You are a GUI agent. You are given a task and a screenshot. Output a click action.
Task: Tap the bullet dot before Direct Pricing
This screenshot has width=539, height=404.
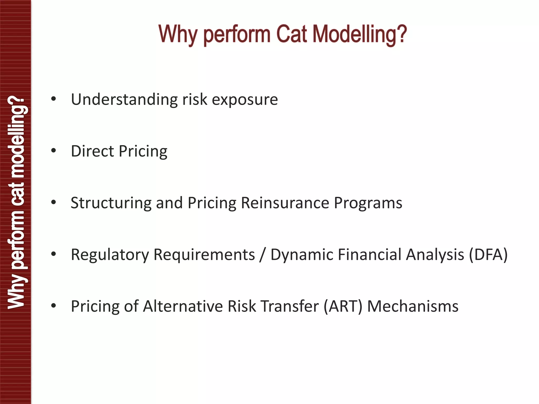(x=54, y=151)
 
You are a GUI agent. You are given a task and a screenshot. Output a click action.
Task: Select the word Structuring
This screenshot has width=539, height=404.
(x=111, y=203)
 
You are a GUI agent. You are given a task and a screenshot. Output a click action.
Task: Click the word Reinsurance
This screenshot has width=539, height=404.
(x=285, y=203)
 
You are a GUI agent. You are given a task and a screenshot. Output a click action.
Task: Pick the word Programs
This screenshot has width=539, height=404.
(x=368, y=203)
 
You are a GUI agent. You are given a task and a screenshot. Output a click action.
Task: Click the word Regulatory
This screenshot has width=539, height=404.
(x=110, y=255)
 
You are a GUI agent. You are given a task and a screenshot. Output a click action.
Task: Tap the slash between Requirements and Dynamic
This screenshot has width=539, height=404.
(x=262, y=255)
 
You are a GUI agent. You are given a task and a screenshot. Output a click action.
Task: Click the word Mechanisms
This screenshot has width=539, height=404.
(x=413, y=306)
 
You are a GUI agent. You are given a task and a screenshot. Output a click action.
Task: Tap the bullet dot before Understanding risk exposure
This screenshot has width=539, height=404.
(x=54, y=99)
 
